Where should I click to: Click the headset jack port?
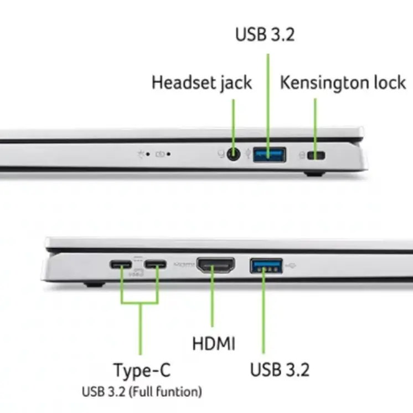click(234, 154)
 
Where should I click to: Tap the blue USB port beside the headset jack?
click(270, 154)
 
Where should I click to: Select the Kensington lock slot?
click(316, 156)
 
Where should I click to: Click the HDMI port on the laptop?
click(216, 265)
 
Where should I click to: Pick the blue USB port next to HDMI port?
click(266, 266)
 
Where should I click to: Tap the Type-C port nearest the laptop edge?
click(121, 264)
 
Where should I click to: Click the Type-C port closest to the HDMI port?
click(156, 264)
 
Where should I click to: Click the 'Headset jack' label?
click(202, 82)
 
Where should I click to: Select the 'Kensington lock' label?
click(343, 82)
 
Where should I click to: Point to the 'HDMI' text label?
click(214, 343)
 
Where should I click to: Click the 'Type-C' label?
click(142, 370)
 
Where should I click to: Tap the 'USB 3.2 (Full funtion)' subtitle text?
click(142, 391)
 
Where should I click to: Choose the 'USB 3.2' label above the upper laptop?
click(265, 34)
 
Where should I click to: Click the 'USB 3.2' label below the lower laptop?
click(280, 369)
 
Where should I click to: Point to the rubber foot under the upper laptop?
click(314, 174)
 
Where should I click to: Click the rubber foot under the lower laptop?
click(94, 284)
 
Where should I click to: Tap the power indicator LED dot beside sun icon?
click(148, 154)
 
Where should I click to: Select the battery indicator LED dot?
click(168, 154)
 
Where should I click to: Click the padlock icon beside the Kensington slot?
click(302, 155)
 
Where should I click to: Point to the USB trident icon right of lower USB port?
click(291, 266)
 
